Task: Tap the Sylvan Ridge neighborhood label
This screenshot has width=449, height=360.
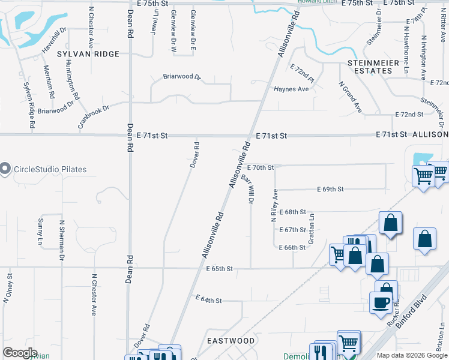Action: tap(88, 53)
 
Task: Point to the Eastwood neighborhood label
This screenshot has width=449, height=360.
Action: tap(231, 340)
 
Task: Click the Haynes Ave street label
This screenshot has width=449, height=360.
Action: tap(291, 89)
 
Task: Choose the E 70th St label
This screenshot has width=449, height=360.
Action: tap(260, 167)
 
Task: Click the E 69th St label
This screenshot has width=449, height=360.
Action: tap(330, 189)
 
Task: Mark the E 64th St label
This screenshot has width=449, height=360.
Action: tap(209, 299)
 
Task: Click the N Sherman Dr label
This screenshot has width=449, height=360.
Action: tap(61, 240)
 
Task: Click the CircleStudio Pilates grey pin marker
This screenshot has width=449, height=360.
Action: tap(5, 169)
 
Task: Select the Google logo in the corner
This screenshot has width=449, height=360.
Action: tap(20, 353)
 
